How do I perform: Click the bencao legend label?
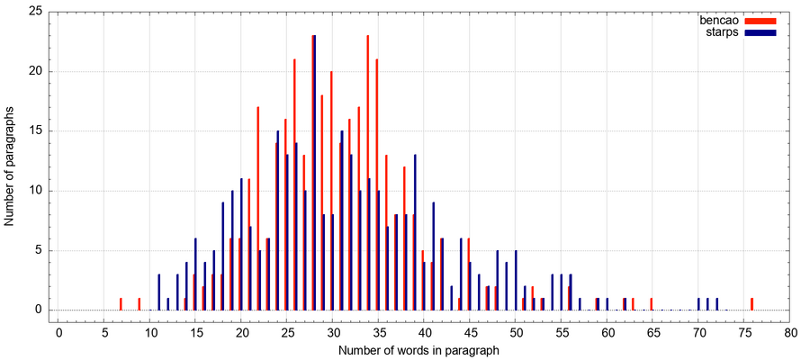point(719,20)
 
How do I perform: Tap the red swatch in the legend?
point(760,20)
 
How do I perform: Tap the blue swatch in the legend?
point(760,32)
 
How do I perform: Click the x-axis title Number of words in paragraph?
point(418,350)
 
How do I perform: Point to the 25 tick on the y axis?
point(35,12)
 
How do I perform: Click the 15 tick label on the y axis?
point(35,130)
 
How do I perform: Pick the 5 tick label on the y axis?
point(39,250)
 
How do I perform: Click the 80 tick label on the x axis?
point(790,332)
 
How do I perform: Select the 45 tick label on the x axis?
point(470,332)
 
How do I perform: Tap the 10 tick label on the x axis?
point(150,332)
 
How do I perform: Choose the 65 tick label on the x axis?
point(652,332)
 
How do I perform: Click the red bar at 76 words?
point(752,304)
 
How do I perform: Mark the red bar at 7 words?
point(121,304)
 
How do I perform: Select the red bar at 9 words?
point(139,304)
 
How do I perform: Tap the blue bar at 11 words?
point(159,292)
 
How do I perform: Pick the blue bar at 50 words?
point(516,280)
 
